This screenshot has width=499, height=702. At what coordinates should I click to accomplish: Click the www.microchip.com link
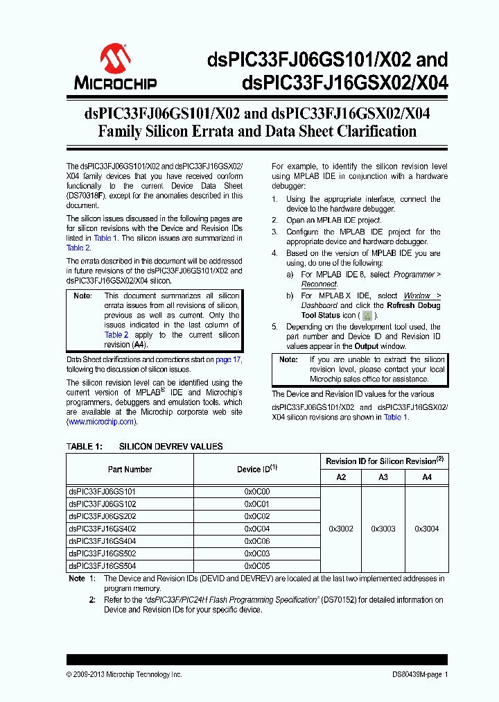pyautogui.click(x=100, y=422)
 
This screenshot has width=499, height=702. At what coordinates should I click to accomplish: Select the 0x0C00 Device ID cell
pyautogui.click(x=256, y=491)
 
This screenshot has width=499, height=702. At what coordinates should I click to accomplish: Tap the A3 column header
pyautogui.click(x=383, y=477)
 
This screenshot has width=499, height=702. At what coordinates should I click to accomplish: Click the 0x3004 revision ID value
pyautogui.click(x=426, y=529)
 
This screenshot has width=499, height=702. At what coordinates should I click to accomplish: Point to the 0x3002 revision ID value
pyautogui.click(x=340, y=529)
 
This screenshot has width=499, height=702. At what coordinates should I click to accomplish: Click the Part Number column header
pyautogui.click(x=130, y=470)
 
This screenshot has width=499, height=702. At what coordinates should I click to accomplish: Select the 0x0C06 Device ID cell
pyautogui.click(x=256, y=541)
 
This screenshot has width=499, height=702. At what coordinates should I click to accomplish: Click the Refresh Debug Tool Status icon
pyautogui.click(x=367, y=316)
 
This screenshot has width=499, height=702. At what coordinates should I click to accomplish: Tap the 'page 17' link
pyautogui.click(x=228, y=360)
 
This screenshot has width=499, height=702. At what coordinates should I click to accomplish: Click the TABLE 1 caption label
pyautogui.click(x=84, y=447)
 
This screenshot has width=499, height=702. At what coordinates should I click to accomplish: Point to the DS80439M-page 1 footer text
pyautogui.click(x=415, y=674)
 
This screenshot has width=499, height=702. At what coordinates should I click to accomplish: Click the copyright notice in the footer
pyautogui.click(x=124, y=674)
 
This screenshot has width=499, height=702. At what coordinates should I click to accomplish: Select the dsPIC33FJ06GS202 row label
pyautogui.click(x=102, y=516)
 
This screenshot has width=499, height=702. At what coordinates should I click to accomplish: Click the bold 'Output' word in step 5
pyautogui.click(x=367, y=346)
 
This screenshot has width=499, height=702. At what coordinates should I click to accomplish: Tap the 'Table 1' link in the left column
pyautogui.click(x=105, y=238)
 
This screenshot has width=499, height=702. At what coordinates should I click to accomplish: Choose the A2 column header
pyautogui.click(x=340, y=477)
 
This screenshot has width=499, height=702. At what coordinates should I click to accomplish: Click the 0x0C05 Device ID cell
pyautogui.click(x=256, y=566)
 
